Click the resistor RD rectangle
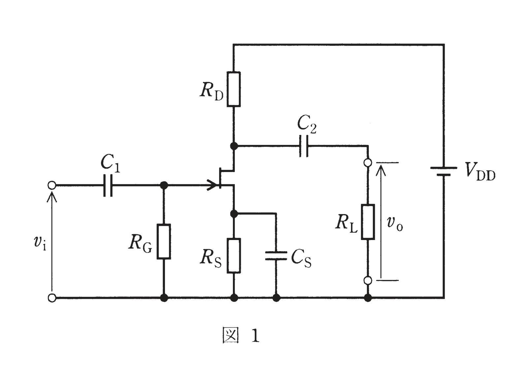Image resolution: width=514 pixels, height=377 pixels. (x=234, y=89)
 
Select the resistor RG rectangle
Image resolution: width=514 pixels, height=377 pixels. (x=164, y=242)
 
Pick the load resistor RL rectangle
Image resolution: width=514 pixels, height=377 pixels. (x=368, y=222)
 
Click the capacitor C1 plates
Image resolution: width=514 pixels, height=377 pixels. (x=108, y=185)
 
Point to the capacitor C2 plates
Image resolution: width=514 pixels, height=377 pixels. (x=304, y=146)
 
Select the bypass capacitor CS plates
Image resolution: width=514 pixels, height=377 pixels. (x=276, y=256)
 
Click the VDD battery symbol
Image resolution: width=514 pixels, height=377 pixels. (x=444, y=171)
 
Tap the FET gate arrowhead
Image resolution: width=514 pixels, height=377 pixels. (x=212, y=185)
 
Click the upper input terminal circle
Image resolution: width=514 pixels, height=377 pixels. (x=52, y=185)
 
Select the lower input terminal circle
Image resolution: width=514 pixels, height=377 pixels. (x=52, y=298)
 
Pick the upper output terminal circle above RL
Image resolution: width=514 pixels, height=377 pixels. (x=368, y=162)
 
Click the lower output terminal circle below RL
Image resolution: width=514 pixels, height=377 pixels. (x=368, y=280)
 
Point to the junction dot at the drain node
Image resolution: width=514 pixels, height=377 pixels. (x=234, y=146)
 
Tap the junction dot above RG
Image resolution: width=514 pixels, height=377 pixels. (x=164, y=185)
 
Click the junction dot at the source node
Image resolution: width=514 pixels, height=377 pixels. (x=234, y=214)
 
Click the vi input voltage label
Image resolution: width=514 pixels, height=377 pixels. (x=40, y=242)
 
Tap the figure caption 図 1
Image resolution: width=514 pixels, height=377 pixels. (x=241, y=337)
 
